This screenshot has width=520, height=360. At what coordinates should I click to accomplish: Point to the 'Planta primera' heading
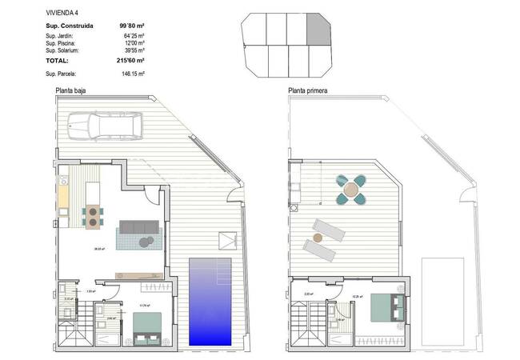coord(308,90)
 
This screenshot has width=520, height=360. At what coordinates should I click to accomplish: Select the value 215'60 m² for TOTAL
coord(130,60)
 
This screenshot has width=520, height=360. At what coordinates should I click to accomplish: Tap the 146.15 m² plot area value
coord(132,74)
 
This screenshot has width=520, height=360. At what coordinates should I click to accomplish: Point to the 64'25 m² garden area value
coord(134,36)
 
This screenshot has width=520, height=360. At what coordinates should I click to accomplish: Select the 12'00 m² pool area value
coord(134,42)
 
